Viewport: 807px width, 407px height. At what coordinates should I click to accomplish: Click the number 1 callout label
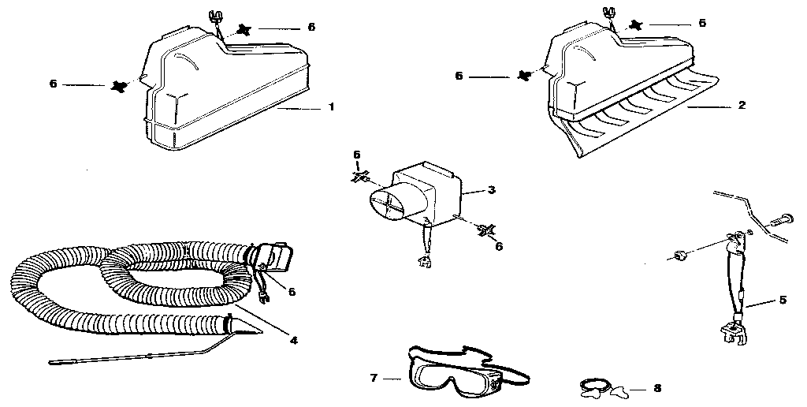tap(331, 106)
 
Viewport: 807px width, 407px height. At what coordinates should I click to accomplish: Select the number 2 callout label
tap(742, 105)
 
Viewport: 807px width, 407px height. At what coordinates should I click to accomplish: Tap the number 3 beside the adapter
tap(490, 190)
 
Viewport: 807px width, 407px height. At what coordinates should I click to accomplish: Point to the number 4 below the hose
tap(293, 341)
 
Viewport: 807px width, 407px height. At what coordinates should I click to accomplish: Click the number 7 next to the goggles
tap(374, 379)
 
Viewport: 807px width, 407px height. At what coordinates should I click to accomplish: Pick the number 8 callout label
tap(658, 388)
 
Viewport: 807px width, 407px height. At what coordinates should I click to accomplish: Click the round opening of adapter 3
tap(387, 207)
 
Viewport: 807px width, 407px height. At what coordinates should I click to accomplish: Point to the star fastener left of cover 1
tap(120, 84)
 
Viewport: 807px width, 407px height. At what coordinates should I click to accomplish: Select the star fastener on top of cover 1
tap(244, 30)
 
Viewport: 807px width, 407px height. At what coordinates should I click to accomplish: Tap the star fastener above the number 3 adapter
tap(358, 177)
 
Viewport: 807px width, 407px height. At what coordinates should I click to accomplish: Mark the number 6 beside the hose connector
tap(292, 292)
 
